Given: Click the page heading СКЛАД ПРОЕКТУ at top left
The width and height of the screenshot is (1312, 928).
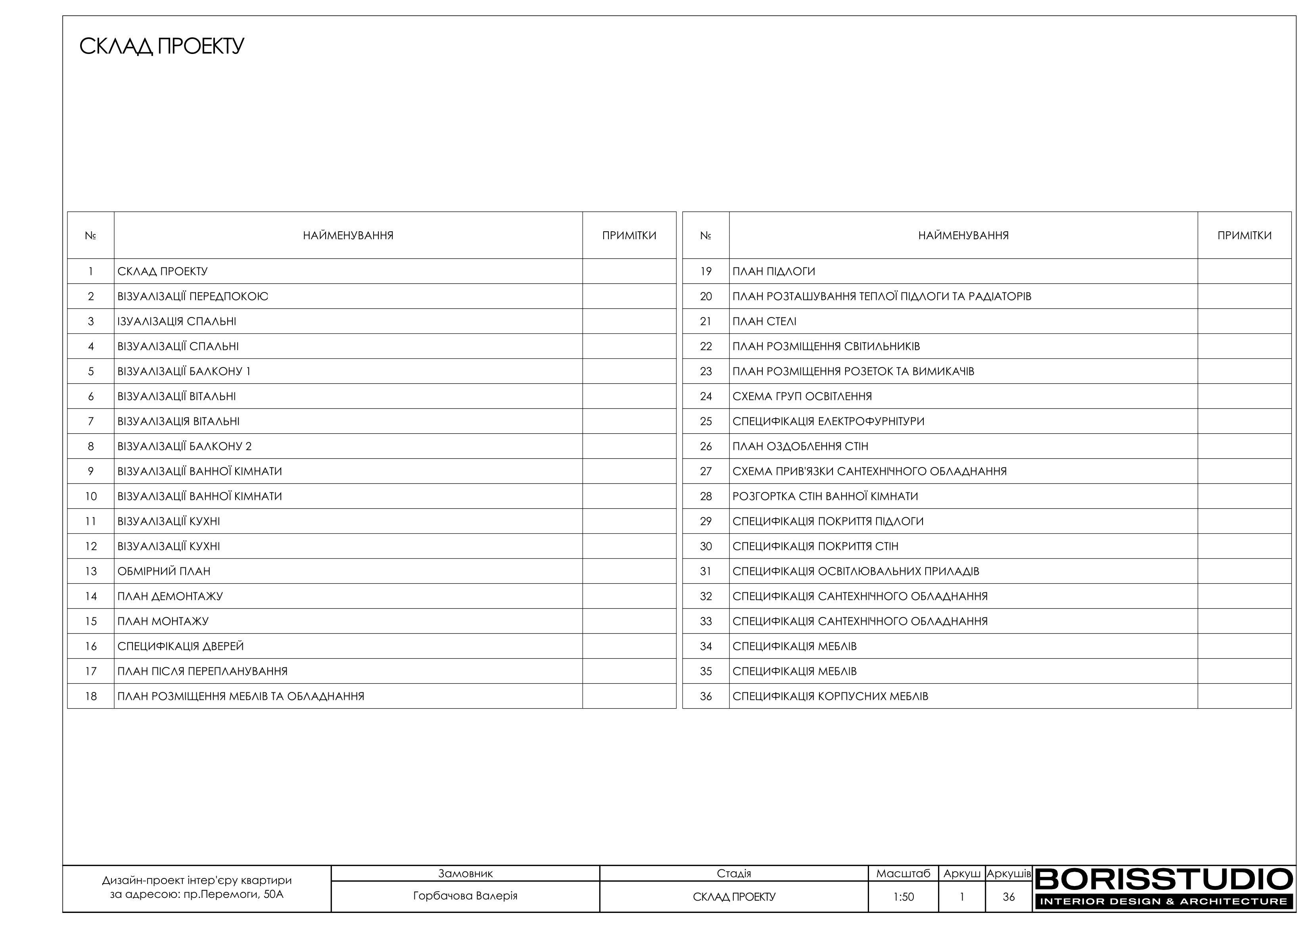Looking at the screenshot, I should click(162, 46).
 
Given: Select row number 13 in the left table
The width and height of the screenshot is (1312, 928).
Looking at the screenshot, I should click(91, 571).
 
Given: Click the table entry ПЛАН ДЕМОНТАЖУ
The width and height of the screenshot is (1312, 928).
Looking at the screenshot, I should click(170, 596).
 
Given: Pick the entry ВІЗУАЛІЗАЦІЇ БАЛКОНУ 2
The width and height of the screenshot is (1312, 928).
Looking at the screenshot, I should click(184, 447).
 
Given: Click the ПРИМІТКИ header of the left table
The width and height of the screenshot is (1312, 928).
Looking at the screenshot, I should click(629, 236).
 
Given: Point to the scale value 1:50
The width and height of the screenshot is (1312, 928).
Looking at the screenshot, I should click(903, 897).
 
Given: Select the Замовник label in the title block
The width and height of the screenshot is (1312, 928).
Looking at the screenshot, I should click(465, 874).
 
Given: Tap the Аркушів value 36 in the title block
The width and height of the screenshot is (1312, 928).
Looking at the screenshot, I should click(1009, 897).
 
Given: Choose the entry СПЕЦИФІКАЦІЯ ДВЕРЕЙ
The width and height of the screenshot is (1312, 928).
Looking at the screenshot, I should click(180, 646).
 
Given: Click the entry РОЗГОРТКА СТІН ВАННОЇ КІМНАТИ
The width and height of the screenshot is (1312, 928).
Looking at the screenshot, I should click(825, 496).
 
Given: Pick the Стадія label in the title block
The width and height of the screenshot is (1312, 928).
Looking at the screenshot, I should click(734, 874).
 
